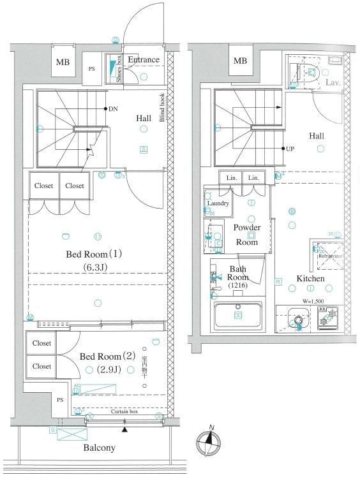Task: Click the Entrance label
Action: [143, 60]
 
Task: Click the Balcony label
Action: [99, 448]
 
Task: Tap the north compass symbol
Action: [209, 440]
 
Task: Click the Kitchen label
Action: [310, 279]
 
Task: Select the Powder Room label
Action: [246, 234]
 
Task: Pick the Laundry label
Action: [217, 203]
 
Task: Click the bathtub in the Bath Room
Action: [238, 315]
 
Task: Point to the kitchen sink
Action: [296, 316]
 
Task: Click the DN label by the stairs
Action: [113, 109]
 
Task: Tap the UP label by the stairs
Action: [290, 149]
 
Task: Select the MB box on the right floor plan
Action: [239, 61]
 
